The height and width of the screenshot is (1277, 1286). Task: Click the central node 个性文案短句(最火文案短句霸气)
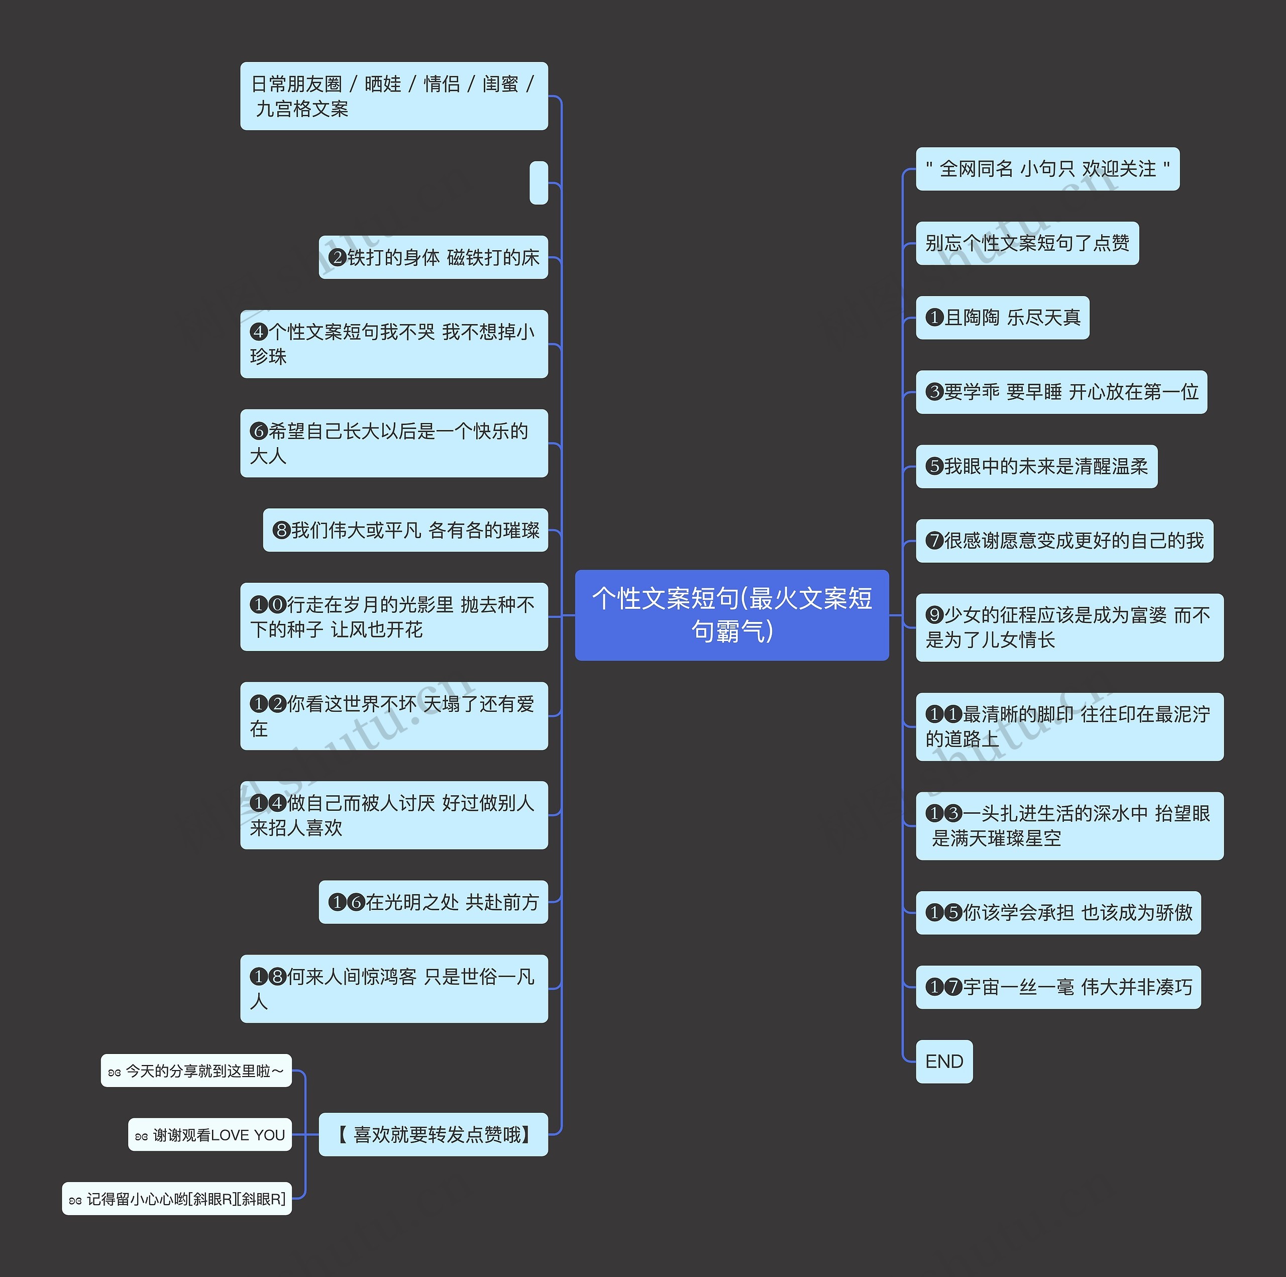click(731, 614)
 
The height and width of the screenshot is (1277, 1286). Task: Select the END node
click(943, 1061)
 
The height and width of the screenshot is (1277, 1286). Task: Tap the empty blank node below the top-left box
click(539, 182)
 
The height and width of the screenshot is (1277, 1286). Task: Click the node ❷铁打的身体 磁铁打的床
click(434, 257)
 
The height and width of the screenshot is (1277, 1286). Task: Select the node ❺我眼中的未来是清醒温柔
click(1036, 466)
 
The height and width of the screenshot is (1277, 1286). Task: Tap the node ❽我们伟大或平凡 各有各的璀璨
click(405, 530)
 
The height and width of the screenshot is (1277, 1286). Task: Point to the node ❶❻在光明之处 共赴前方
click(434, 902)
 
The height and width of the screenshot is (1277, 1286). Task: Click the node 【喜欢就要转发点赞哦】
click(434, 1134)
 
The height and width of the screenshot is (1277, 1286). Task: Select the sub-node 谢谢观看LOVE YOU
click(210, 1134)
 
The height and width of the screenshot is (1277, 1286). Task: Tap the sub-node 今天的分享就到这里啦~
click(196, 1071)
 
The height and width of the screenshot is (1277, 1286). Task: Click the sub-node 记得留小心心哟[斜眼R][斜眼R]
click(177, 1199)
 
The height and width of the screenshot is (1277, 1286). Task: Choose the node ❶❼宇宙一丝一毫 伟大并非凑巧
click(1058, 987)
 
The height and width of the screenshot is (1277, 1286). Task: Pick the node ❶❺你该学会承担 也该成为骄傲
click(1058, 912)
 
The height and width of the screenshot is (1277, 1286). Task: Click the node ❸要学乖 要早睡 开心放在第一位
click(1061, 391)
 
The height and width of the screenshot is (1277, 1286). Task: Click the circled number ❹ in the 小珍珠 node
click(259, 332)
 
